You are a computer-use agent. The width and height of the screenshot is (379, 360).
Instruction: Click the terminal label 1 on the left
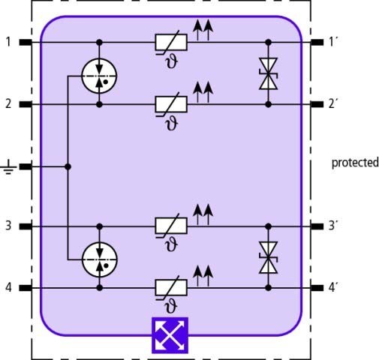click(x=8, y=42)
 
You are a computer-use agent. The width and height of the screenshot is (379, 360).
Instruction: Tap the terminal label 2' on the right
click(x=333, y=103)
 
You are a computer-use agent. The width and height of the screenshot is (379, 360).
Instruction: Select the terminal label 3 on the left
click(x=8, y=226)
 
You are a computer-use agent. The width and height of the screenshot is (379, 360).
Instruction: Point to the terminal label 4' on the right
click(x=333, y=287)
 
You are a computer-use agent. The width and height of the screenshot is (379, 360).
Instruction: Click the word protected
click(x=355, y=163)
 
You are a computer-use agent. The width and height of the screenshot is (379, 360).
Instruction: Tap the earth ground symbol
click(x=8, y=166)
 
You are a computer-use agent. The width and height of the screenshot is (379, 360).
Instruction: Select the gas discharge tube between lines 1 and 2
click(x=99, y=76)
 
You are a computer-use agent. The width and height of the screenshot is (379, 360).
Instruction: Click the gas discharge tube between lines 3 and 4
click(x=100, y=259)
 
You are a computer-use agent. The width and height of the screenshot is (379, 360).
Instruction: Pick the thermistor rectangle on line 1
click(x=171, y=42)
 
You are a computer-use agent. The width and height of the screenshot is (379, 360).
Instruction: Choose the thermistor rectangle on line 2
click(x=171, y=104)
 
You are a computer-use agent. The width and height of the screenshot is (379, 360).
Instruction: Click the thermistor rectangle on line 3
click(x=171, y=226)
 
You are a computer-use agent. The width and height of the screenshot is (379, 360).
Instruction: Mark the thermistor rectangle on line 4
click(x=171, y=287)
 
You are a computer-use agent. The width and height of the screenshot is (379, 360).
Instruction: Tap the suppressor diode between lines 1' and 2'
click(x=268, y=73)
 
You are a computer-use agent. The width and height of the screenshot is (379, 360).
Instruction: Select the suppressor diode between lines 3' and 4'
click(x=268, y=257)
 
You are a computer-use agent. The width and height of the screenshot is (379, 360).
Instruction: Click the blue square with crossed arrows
click(x=170, y=335)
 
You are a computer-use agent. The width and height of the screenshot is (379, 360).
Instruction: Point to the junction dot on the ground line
click(x=68, y=166)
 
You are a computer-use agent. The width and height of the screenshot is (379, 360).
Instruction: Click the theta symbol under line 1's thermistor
click(x=172, y=61)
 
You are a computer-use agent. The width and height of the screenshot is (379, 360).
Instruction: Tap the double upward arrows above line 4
click(x=203, y=276)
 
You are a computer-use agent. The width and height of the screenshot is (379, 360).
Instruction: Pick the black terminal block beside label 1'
click(x=317, y=42)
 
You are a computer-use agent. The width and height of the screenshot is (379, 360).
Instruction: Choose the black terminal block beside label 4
click(x=26, y=288)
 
